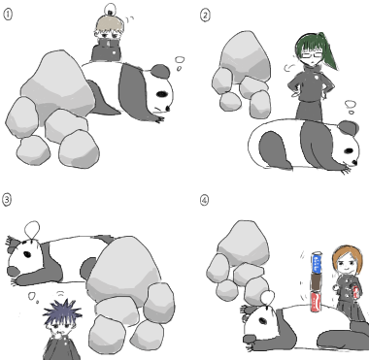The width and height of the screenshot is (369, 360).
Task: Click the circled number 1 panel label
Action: coord(8,15)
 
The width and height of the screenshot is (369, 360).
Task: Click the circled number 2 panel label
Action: coord(205,15)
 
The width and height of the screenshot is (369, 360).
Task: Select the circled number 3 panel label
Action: coord(7,199)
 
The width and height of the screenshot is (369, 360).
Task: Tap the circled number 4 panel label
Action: coord(204,200)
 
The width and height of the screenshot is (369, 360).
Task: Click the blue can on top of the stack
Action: coord(317,263)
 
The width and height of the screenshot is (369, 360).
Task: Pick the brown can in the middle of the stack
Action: coord(316,282)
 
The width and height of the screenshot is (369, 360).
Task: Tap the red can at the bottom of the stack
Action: coord(316,302)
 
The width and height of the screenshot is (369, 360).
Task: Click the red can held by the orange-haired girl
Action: coord(356,293)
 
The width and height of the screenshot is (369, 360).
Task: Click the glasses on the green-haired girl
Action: coord(311,55)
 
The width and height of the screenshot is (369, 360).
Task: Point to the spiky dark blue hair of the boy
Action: coord(62,311)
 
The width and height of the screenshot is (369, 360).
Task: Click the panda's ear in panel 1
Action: coord(160,71)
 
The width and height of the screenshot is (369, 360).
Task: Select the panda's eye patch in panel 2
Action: coord(349,150)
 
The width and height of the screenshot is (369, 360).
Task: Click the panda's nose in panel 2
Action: coord(355,162)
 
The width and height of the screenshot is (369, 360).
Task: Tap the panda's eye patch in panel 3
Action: coord(27,254)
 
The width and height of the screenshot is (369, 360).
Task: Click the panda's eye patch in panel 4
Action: coord(263,321)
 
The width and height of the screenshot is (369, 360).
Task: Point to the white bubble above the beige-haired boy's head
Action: coord(111,8)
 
